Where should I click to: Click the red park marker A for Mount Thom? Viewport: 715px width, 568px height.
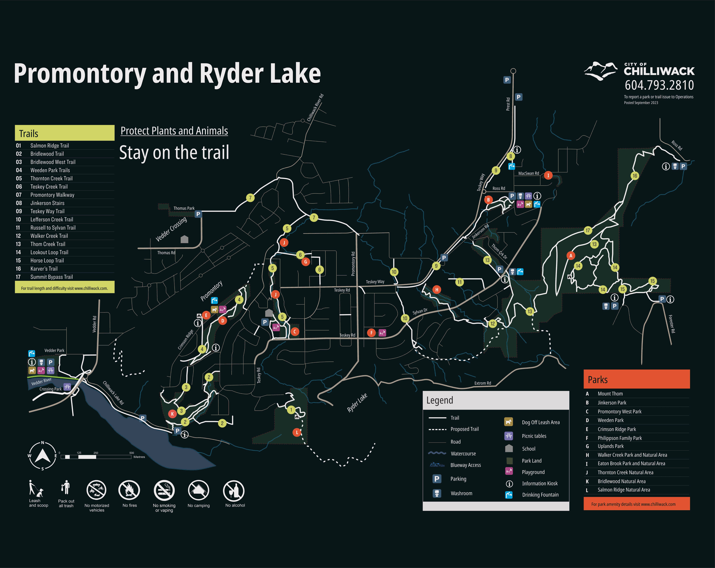(571, 255)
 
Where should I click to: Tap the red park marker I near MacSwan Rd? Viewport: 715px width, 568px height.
(548, 175)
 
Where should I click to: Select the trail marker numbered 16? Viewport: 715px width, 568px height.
(634, 176)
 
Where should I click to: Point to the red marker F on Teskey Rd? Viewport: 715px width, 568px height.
(371, 332)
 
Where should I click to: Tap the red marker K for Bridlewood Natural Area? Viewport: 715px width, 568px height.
(172, 414)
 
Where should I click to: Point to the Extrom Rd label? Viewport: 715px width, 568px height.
(483, 383)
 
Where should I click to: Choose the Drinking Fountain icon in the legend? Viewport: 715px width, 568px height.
(509, 495)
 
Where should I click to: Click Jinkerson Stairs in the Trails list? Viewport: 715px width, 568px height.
(47, 203)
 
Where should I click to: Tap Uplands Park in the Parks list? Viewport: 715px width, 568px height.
(610, 446)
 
